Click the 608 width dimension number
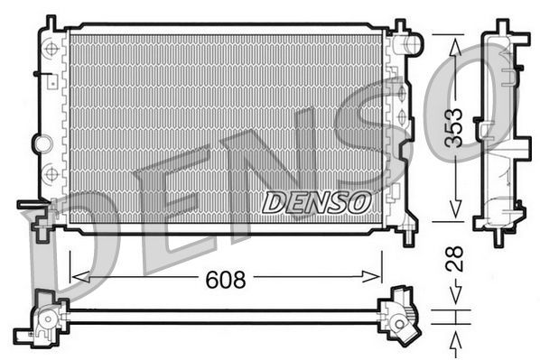click(x=226, y=280)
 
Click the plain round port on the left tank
click(x=41, y=142)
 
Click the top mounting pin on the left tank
click(x=51, y=22)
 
